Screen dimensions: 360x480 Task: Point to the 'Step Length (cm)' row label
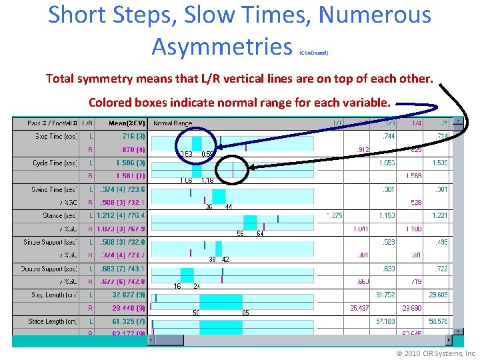tap(55, 295)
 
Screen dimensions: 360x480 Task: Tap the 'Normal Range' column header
tap(173, 123)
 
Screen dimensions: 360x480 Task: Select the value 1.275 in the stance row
tap(334, 215)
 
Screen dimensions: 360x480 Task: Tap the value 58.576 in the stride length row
tap(438, 321)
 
